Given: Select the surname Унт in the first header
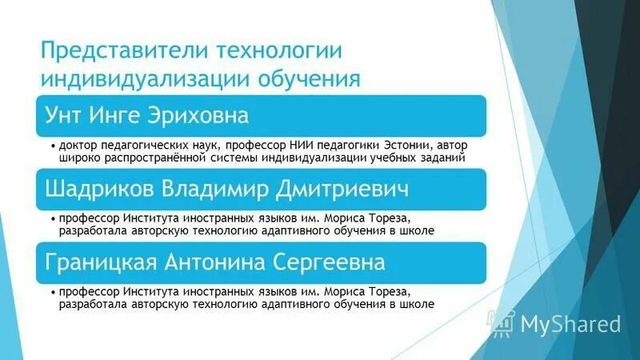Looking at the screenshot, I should pyautogui.click(x=67, y=116).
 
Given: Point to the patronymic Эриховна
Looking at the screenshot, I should pyautogui.click(x=207, y=116).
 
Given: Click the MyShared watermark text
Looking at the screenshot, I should pyautogui.click(x=570, y=324).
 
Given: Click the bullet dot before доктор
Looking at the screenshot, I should pyautogui.click(x=53, y=147).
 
